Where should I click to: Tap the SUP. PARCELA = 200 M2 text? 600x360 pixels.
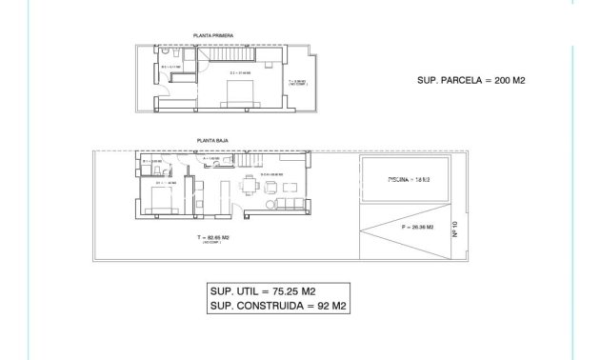pos(471,81)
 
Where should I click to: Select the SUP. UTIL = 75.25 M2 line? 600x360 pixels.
pos(263,291)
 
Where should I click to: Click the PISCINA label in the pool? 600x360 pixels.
pos(404,179)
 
